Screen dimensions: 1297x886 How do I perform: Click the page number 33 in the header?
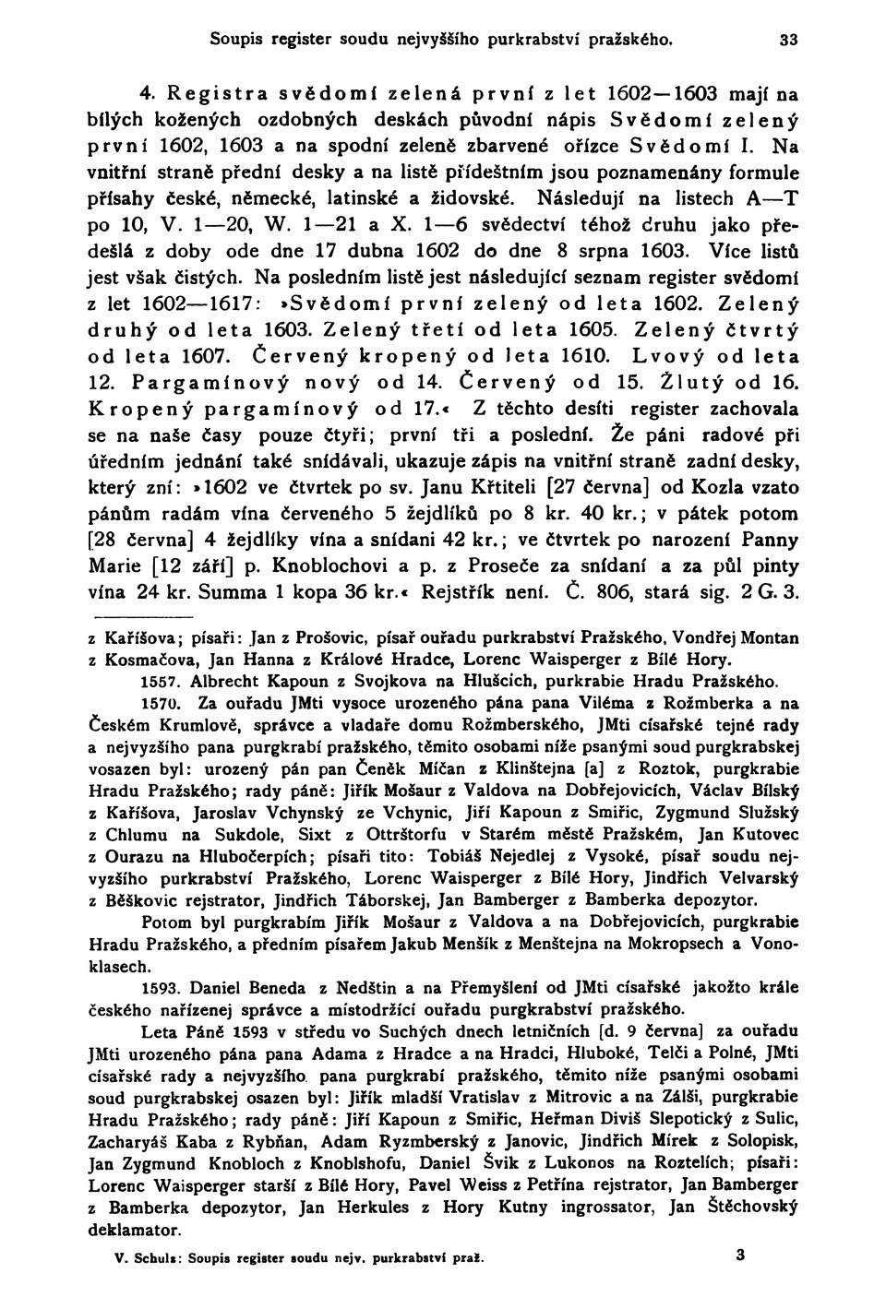coord(788,40)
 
